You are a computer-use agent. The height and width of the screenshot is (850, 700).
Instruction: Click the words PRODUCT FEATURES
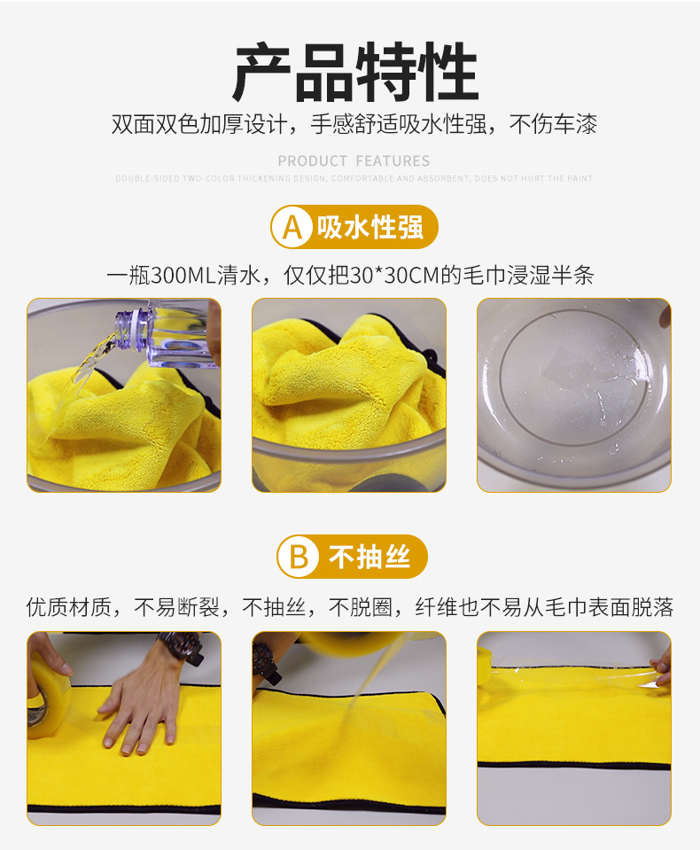tap(354, 161)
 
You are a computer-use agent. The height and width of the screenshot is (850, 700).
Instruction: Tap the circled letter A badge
tap(292, 228)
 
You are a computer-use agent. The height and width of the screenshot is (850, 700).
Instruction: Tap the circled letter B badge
tap(299, 558)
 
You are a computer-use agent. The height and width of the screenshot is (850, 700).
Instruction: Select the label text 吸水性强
tap(370, 228)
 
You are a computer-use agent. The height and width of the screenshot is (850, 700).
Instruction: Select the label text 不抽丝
tap(369, 558)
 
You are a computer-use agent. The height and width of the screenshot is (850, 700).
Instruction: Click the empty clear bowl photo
tap(573, 394)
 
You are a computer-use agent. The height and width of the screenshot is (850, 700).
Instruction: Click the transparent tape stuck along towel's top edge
tap(576, 678)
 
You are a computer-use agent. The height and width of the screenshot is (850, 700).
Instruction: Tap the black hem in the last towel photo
tap(573, 764)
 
